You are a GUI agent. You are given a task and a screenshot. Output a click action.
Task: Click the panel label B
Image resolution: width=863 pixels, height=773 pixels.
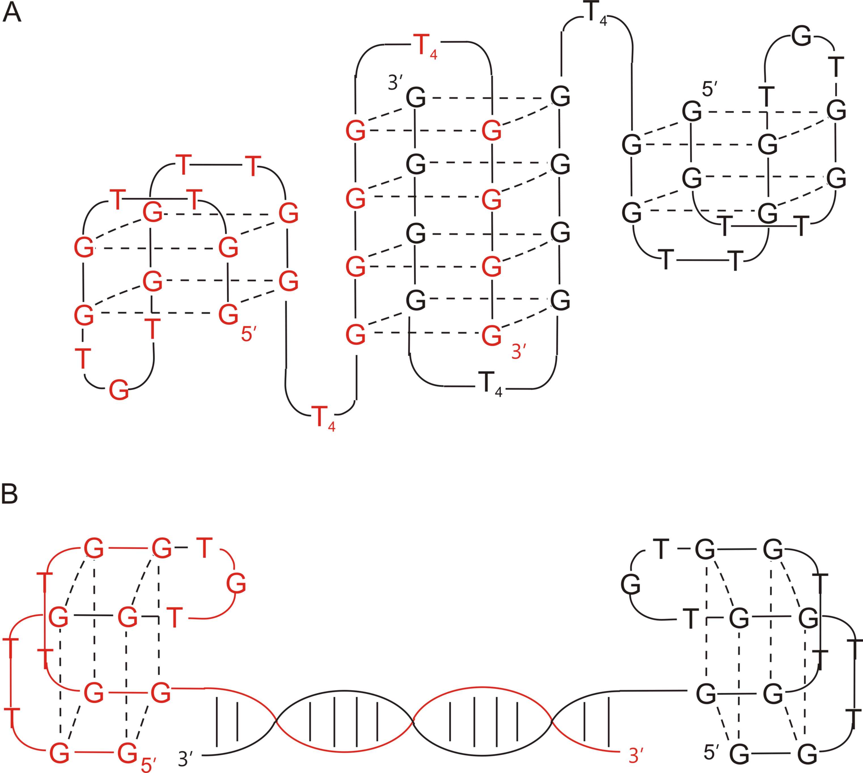coord(9,495)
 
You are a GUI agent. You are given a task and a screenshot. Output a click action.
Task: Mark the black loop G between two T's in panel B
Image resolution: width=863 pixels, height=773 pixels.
coord(630,586)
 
